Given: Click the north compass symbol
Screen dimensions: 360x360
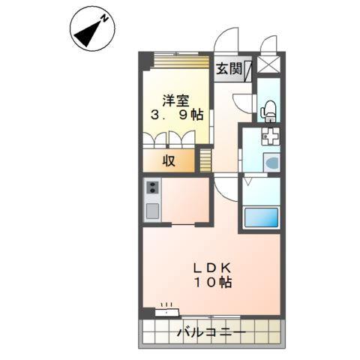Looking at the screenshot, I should click(x=92, y=30).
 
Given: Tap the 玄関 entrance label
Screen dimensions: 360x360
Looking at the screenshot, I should click(x=229, y=69).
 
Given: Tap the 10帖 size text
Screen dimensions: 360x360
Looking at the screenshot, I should click(x=214, y=283).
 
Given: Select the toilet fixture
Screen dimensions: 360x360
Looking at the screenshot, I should click(x=268, y=110).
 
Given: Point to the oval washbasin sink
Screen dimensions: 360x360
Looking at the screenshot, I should click(x=271, y=162).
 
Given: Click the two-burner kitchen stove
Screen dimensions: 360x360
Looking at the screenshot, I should click(x=152, y=187).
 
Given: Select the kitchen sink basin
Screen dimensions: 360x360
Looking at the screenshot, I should click(x=152, y=210).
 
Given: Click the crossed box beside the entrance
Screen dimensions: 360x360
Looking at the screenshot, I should click(x=268, y=64).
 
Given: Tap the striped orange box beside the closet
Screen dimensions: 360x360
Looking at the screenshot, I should click(x=205, y=160).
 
